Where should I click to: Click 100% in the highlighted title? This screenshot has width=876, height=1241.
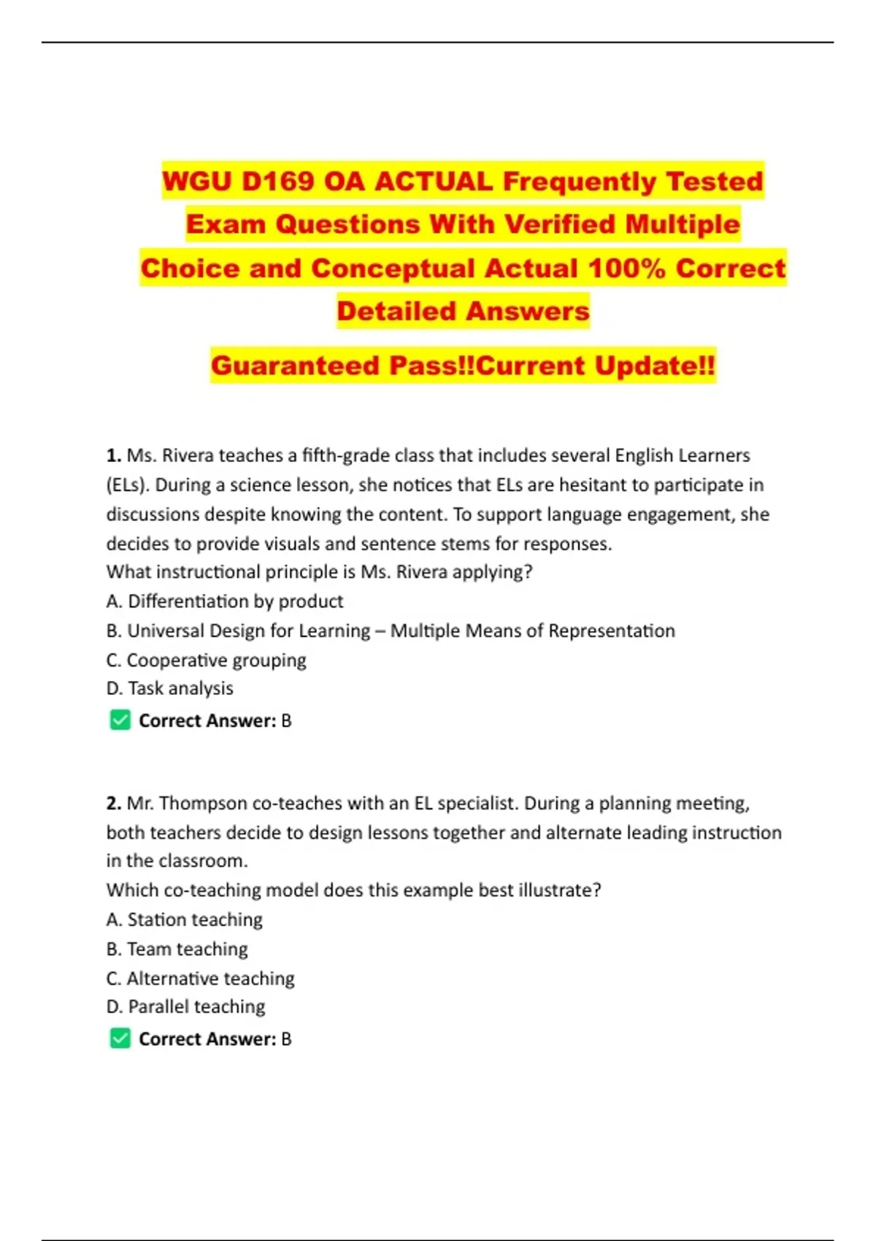[626, 268]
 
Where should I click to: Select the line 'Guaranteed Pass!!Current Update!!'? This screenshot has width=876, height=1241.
[463, 365]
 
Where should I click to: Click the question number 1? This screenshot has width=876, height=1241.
[113, 456]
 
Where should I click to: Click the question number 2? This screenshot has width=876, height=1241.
[113, 803]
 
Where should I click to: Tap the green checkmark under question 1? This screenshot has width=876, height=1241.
[120, 721]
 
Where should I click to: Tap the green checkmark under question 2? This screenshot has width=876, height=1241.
[120, 1038]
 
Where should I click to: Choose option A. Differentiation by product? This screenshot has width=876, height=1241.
[225, 602]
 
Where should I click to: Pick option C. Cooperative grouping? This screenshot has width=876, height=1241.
[207, 660]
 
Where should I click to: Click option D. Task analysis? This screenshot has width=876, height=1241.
[170, 688]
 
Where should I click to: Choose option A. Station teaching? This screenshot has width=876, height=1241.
[185, 920]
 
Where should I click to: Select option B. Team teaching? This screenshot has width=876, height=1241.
[177, 949]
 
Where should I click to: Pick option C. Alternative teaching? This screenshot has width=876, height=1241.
[201, 978]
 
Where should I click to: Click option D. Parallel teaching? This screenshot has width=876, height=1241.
[186, 1007]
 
